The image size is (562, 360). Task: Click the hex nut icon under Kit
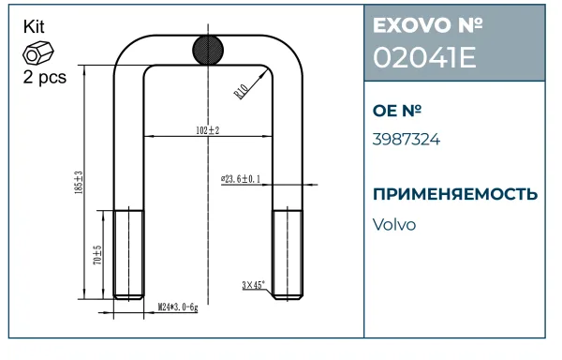[x=38, y=52]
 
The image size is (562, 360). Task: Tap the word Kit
[x=34, y=27]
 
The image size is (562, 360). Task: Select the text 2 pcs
[x=45, y=77]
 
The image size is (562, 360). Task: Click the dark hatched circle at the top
[x=208, y=50]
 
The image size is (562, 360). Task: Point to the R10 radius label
[x=241, y=92]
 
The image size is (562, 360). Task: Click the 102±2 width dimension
[x=208, y=130]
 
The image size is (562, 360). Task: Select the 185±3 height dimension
[x=79, y=183]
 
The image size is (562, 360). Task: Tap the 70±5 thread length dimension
[x=97, y=255]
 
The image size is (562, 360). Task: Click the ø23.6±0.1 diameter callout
[x=241, y=179]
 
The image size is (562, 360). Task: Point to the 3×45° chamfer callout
[x=254, y=285]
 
